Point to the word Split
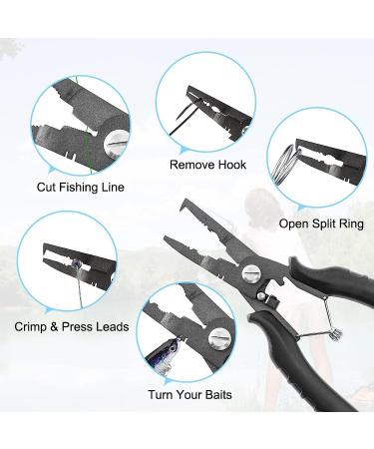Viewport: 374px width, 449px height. pos(316,224)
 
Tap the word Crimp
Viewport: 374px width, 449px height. pos(33,325)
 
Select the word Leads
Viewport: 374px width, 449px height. pos(108,325)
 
